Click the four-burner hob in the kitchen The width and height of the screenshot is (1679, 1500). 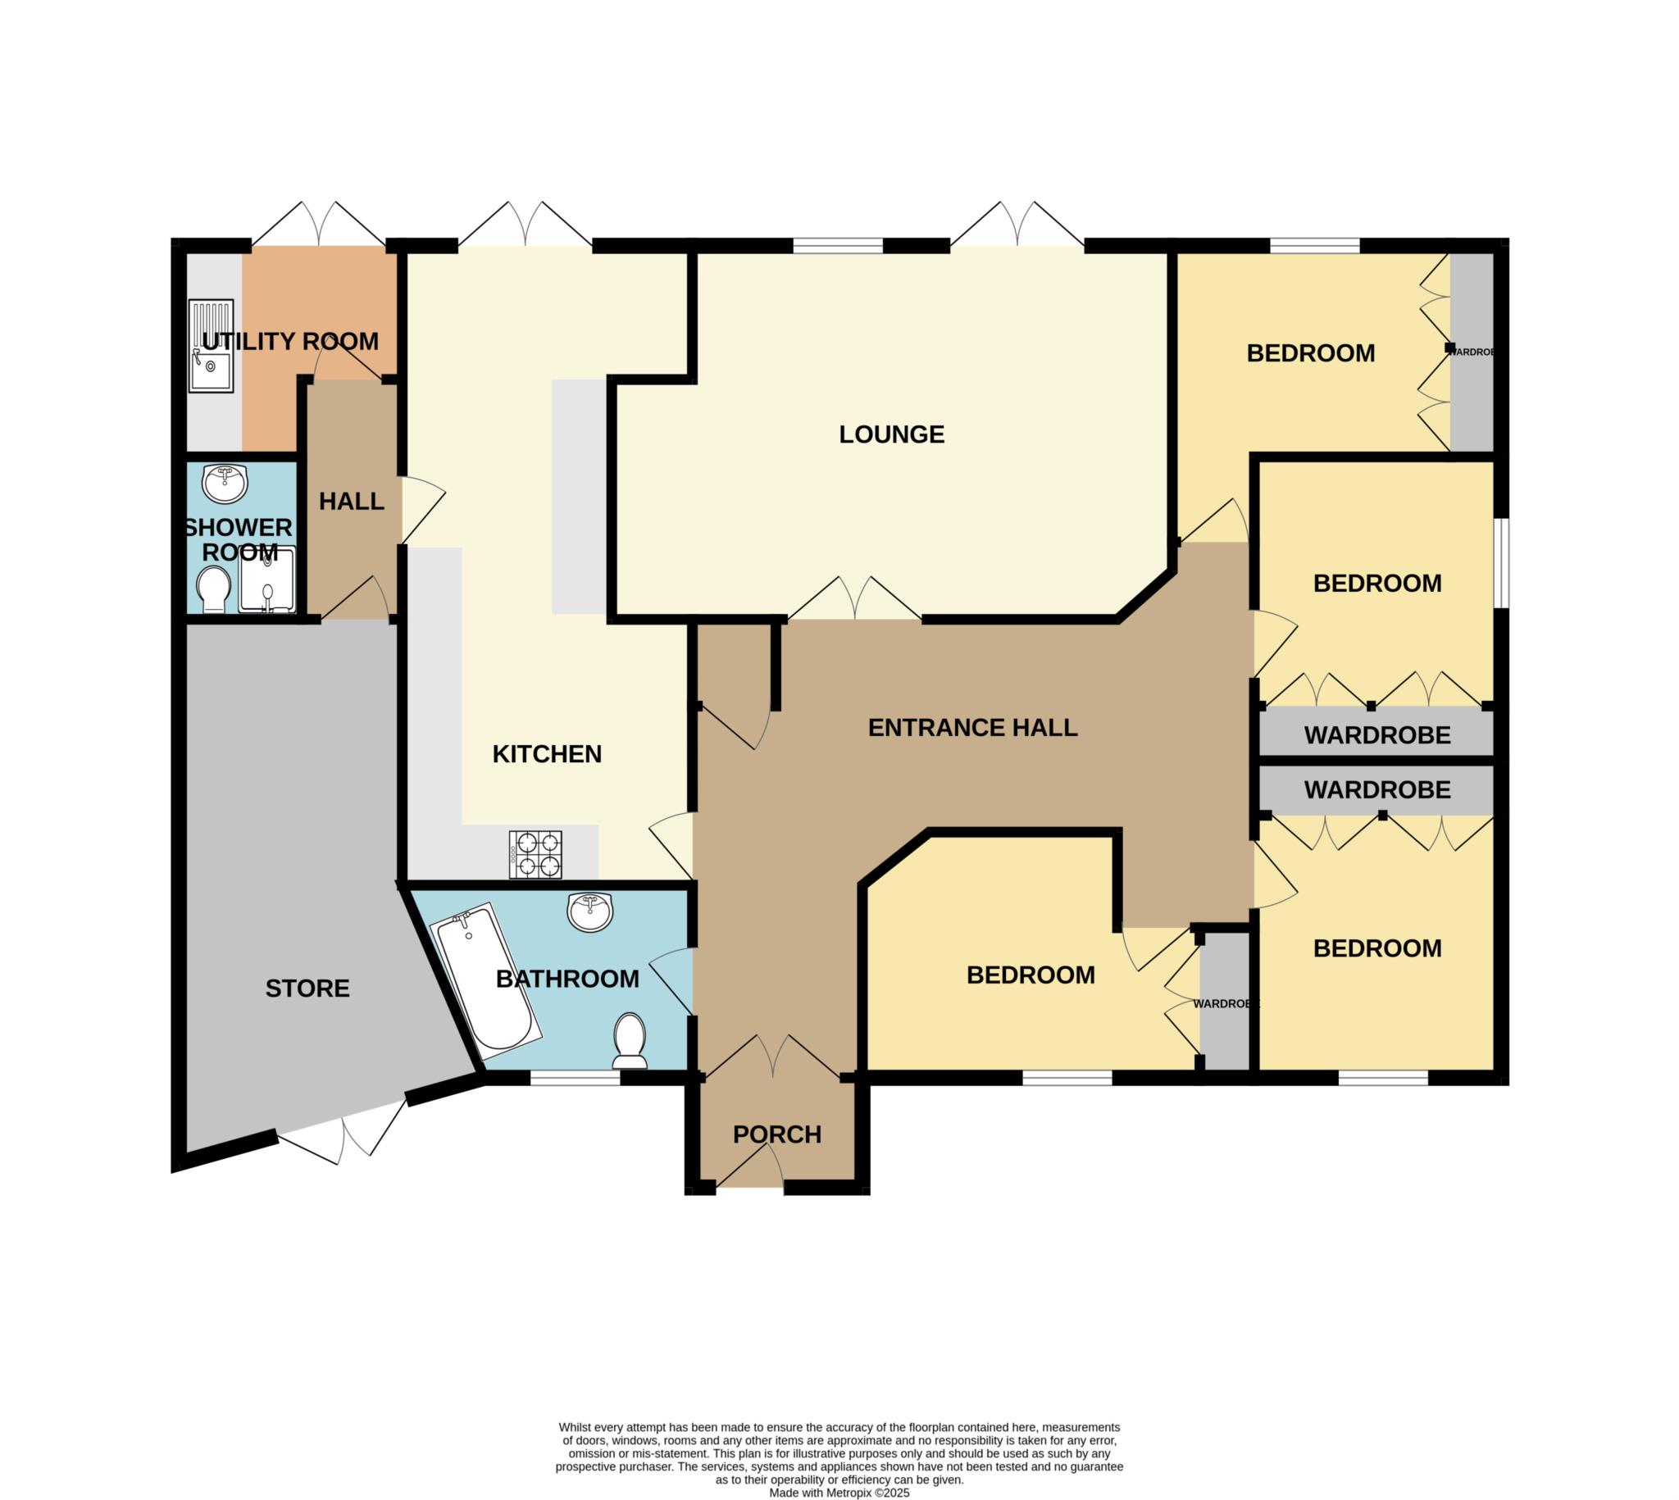tap(537, 855)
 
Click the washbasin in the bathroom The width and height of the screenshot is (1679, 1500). tap(591, 912)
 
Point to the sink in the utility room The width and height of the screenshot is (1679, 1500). tap(212, 345)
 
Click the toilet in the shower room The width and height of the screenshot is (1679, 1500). tap(214, 589)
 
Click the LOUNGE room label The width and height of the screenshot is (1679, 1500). tap(891, 434)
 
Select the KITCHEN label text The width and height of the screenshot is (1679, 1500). tap(547, 754)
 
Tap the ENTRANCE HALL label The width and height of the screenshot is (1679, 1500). tap(972, 728)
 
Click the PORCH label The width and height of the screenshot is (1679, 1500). tap(777, 1135)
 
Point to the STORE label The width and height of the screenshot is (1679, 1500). tap(307, 989)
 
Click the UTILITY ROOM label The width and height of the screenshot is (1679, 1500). tap(290, 341)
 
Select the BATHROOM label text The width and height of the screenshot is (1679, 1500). tap(567, 980)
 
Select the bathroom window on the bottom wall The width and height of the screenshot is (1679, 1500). tap(575, 1077)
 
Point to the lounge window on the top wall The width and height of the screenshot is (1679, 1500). tap(838, 245)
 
